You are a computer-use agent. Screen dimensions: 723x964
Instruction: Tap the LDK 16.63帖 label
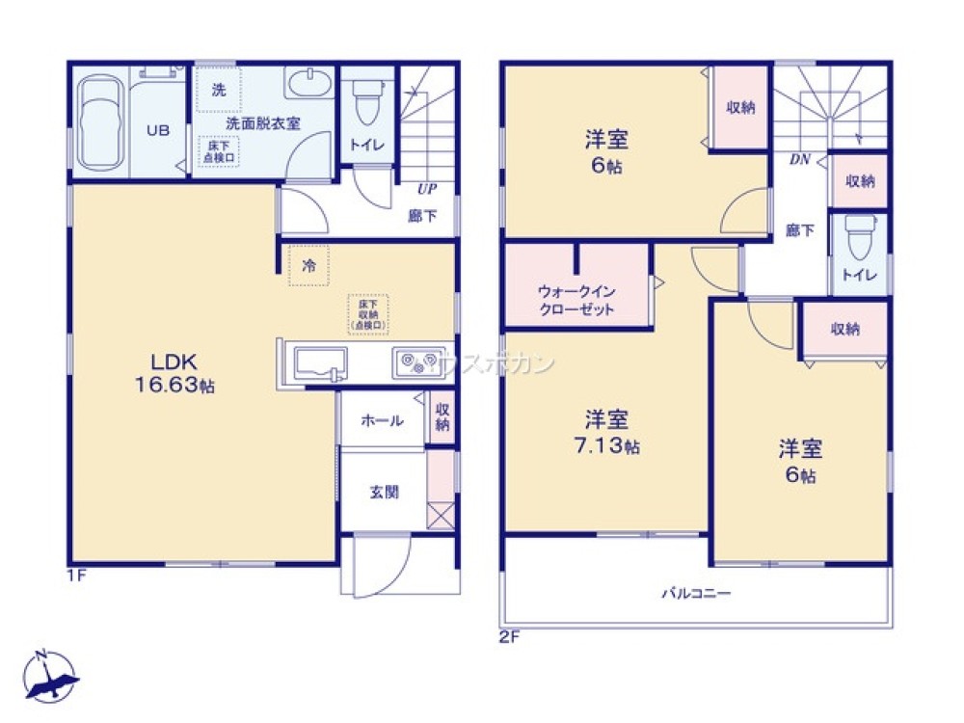(174, 373)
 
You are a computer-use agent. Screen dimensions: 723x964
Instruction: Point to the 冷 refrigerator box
(309, 266)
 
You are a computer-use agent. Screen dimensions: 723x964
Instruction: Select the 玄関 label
(384, 492)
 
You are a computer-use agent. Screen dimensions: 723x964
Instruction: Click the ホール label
(382, 420)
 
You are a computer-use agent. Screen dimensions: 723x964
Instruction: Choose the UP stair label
(424, 189)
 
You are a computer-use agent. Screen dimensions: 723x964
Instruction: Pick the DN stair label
(799, 160)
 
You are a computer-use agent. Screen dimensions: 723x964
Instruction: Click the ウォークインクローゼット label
(576, 300)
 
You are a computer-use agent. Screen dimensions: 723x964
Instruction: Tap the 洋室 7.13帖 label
(607, 432)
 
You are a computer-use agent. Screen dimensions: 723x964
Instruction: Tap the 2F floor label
(510, 635)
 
